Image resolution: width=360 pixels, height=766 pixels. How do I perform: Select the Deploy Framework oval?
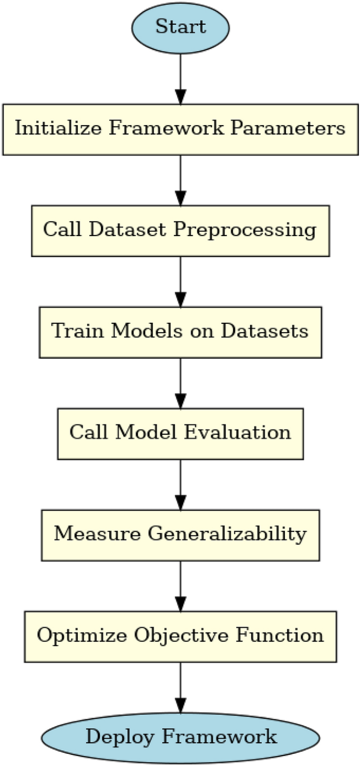coord(180,737)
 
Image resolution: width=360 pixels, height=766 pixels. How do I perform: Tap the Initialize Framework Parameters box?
coord(180,129)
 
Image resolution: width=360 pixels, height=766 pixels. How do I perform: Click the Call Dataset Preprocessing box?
coord(180,230)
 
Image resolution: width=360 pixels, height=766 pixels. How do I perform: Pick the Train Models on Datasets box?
coord(180,332)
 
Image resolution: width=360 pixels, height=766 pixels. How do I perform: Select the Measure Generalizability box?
coord(180,535)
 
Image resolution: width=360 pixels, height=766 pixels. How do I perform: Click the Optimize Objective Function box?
coord(180,636)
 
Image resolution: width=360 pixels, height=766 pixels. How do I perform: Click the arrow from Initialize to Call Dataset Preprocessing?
coord(180,180)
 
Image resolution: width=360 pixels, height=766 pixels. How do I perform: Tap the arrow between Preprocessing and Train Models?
coord(180,281)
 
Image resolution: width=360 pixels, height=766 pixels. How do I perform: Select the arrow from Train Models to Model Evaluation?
coord(180,383)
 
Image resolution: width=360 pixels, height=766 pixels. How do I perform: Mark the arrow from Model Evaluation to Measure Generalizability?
coord(180,484)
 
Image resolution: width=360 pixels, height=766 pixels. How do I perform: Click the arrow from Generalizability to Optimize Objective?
coord(180,586)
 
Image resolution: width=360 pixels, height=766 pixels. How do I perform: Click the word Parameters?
coord(298,129)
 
